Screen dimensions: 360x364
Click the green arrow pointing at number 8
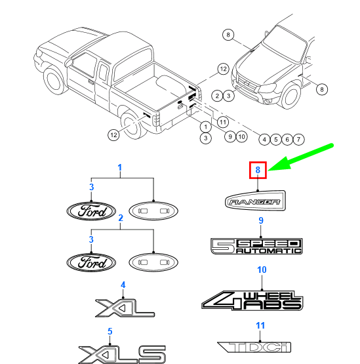point(300,158)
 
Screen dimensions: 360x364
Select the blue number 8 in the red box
point(258,170)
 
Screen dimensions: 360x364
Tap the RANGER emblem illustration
point(255,201)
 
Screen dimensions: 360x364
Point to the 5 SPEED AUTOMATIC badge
point(256,246)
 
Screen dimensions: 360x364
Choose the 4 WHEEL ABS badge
point(252,300)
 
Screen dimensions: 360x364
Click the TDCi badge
point(254,348)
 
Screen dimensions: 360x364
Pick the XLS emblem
point(122,354)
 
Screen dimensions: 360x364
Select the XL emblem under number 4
point(125,308)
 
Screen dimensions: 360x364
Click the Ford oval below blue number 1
point(91,211)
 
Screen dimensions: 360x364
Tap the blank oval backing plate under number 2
point(153,262)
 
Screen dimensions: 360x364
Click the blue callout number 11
point(260,325)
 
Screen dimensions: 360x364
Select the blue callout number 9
point(261,220)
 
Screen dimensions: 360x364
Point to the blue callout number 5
point(110,331)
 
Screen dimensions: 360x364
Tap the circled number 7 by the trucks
point(298,140)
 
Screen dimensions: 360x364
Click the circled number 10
point(241,136)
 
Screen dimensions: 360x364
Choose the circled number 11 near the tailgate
point(223,122)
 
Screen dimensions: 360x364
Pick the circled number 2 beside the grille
point(217,96)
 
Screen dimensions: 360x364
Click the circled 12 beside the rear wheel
point(113,135)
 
